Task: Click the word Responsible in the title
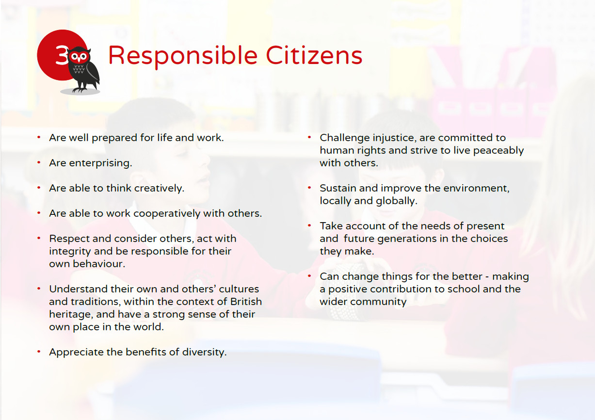[x=183, y=56]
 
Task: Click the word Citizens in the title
[x=314, y=55]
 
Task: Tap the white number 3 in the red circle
[x=62, y=54]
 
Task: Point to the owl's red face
[x=79, y=57]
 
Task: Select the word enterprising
[x=100, y=163]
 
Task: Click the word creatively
[x=159, y=188]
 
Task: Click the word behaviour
[x=99, y=264]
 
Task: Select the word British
[x=246, y=302]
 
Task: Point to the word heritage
[x=71, y=315]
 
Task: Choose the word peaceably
[x=499, y=151]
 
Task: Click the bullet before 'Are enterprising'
[x=39, y=162]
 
